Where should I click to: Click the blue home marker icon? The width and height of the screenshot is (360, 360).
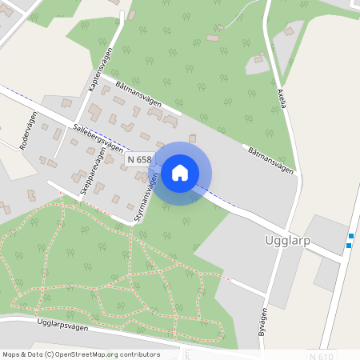[x=180, y=173]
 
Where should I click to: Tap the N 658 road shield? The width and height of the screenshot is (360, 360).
[x=138, y=159]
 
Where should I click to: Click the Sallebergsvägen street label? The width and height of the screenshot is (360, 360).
[x=98, y=137]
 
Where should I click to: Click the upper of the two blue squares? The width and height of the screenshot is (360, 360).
[x=350, y=235]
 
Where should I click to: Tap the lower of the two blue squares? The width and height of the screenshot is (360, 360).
[x=348, y=246]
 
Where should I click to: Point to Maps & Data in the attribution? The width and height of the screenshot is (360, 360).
[x=19, y=354]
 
